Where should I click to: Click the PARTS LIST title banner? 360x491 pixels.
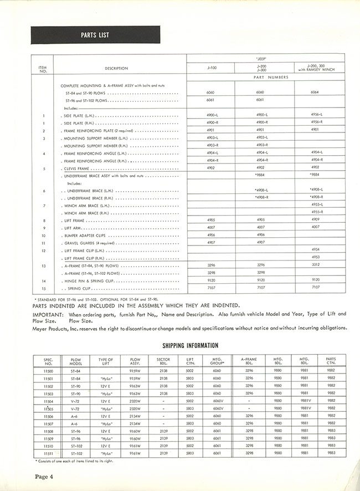click(95, 35)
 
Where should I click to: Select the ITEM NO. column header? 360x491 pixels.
click(43, 68)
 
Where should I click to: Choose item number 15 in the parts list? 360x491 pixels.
click(43, 289)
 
